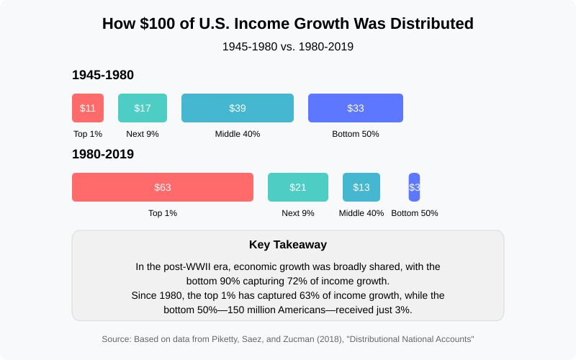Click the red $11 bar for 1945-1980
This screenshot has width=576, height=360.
88,108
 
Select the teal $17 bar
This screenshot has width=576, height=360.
143,108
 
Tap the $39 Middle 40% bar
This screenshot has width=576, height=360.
238,108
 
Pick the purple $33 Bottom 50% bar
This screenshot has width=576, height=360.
356,108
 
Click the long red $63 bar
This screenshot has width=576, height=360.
163,187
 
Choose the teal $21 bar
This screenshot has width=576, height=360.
298,187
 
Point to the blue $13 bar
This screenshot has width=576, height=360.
361,187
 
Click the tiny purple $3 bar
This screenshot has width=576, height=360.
414,187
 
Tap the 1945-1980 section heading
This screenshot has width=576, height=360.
103,75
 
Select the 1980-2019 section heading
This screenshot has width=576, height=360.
103,154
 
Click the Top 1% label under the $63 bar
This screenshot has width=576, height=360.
163,213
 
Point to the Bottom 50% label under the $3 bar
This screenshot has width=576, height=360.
415,213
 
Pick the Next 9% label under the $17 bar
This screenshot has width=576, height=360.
143,134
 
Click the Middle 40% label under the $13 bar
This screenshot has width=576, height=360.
361,213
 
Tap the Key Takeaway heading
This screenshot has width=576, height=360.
288,245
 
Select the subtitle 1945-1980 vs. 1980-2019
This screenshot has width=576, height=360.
288,47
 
